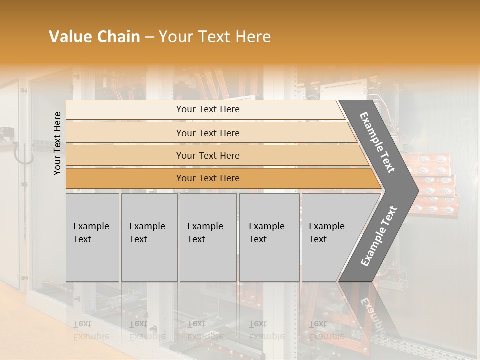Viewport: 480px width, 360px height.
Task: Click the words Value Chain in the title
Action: [x=94, y=37]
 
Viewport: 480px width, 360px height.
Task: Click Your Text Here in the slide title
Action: [x=215, y=37]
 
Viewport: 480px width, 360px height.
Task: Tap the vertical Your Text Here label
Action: [x=57, y=144]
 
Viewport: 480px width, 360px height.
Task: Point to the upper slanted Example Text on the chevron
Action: [x=377, y=142]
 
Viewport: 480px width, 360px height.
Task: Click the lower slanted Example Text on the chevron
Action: [x=378, y=236]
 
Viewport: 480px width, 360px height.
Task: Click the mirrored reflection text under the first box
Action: [x=91, y=330]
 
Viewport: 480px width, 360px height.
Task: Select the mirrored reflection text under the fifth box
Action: [x=326, y=330]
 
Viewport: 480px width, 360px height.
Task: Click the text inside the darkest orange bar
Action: [x=208, y=178]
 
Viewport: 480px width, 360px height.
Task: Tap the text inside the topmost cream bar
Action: [x=208, y=109]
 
